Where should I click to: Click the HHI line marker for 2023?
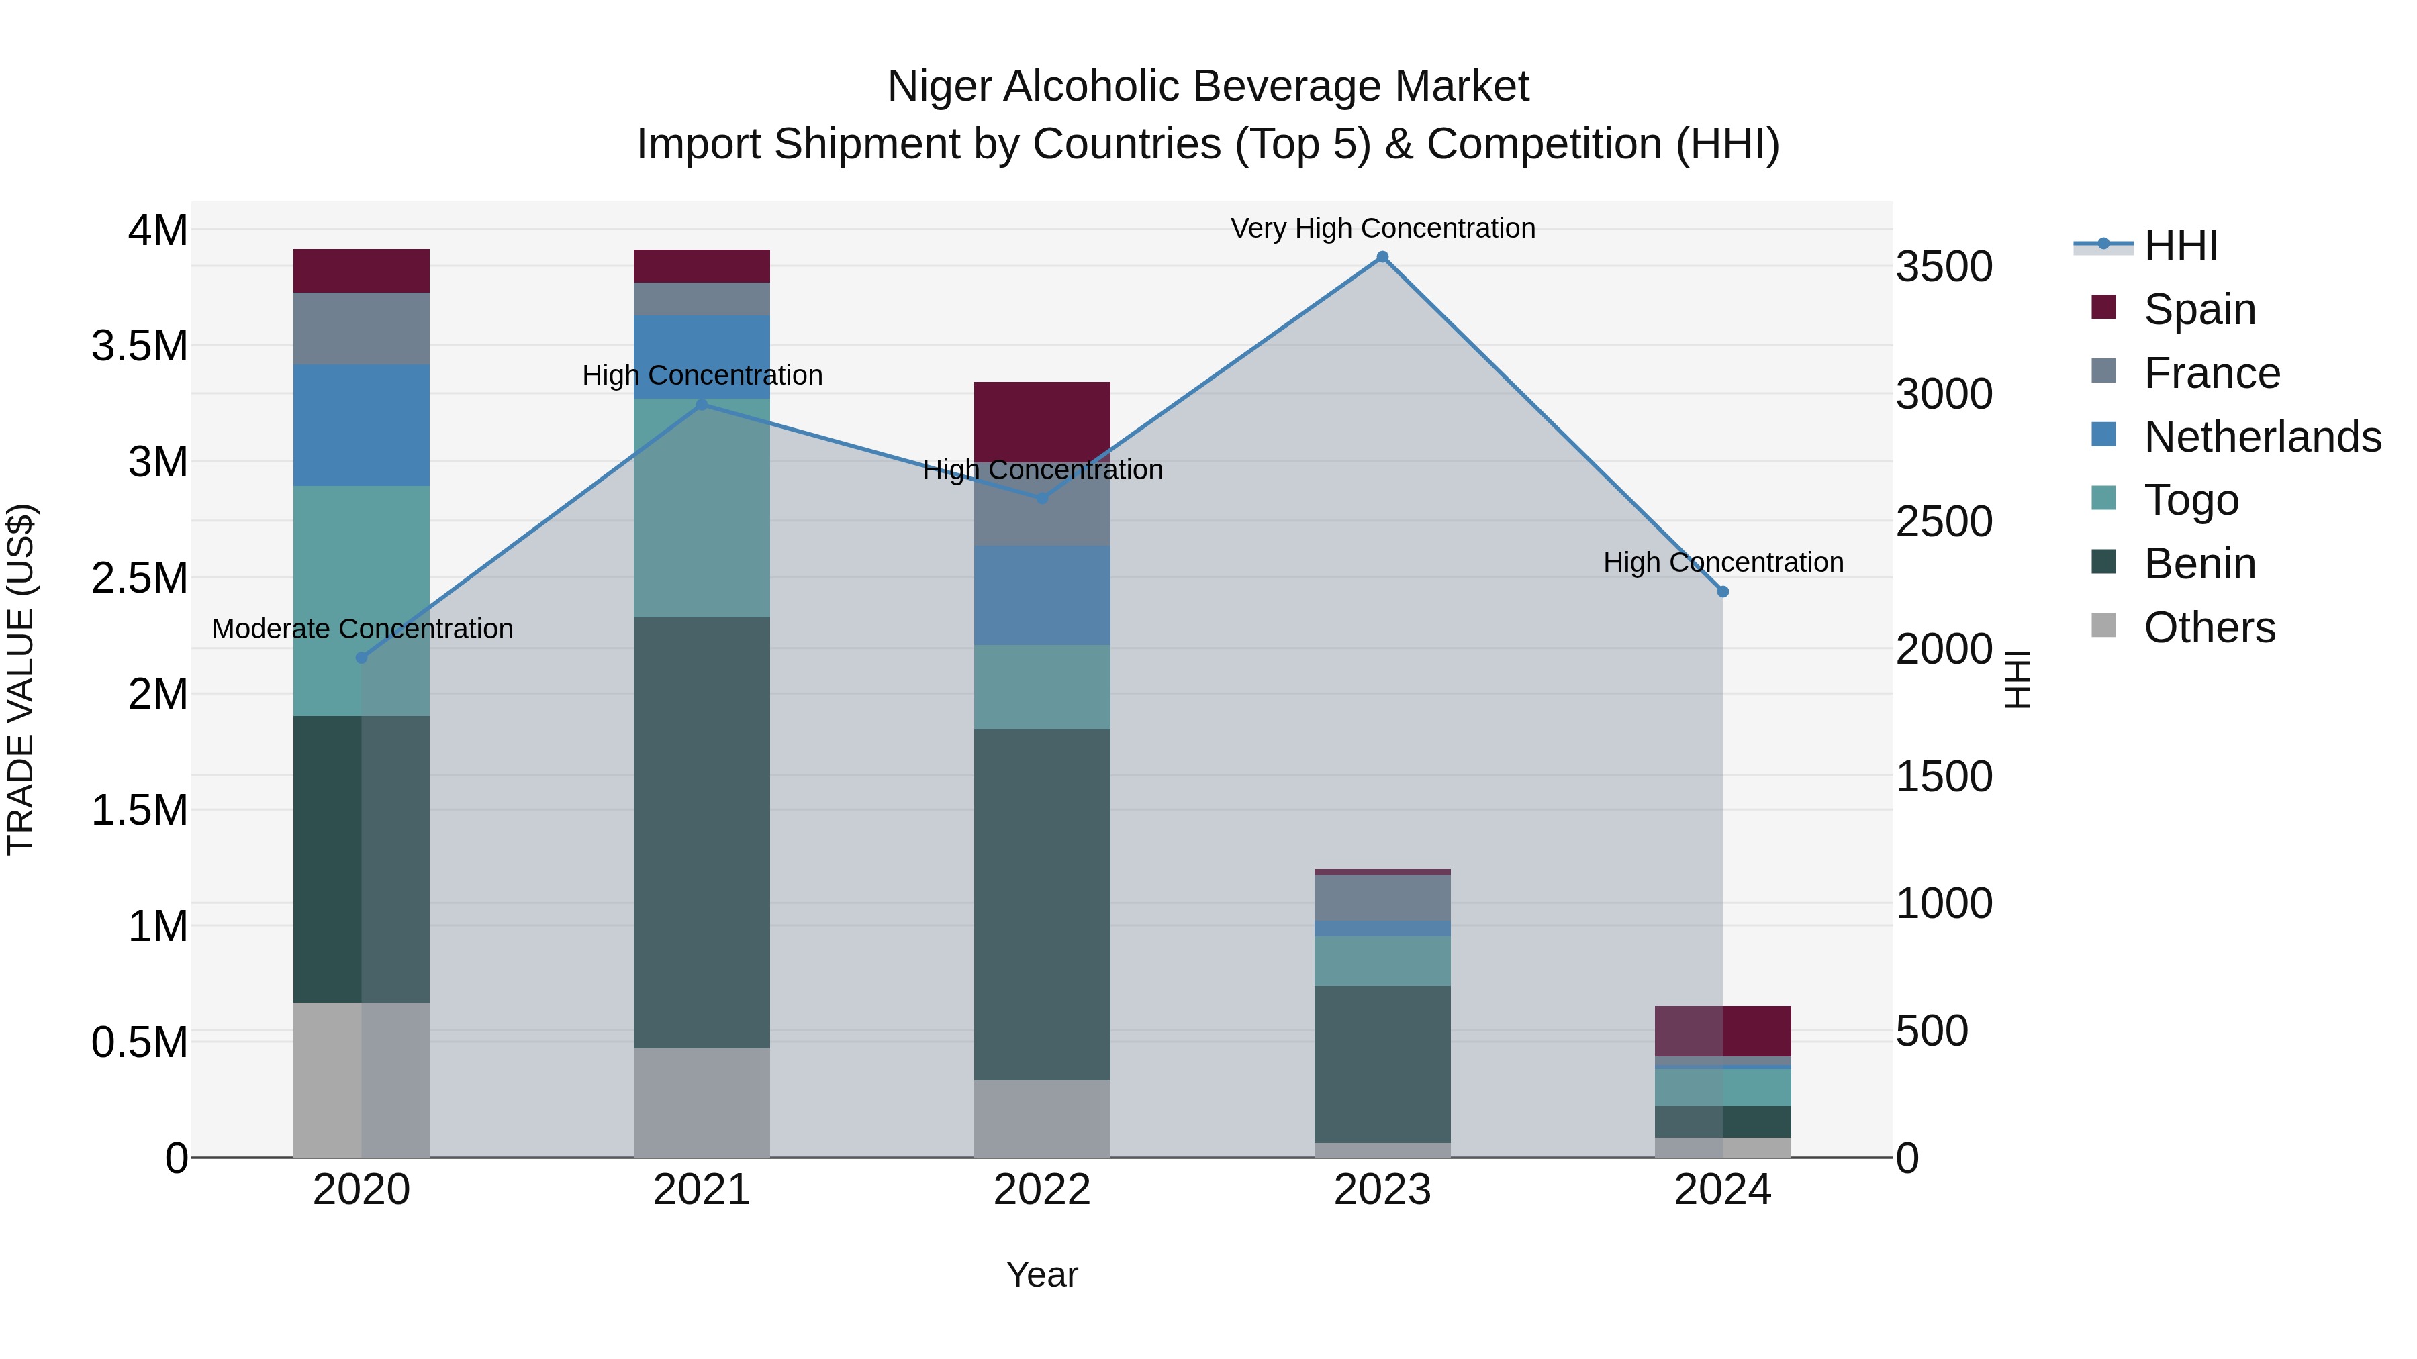[x=1382, y=257]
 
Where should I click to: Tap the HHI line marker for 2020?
[x=361, y=658]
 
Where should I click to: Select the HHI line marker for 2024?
[x=1723, y=592]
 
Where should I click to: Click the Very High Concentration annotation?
[x=1382, y=228]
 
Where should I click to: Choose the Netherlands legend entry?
[x=2261, y=436]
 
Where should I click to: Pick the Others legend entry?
[x=2209, y=627]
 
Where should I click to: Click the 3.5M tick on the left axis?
[x=140, y=346]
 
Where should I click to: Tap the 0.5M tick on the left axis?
[x=140, y=1042]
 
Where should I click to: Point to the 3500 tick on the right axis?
[x=1944, y=266]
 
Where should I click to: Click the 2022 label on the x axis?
[x=1041, y=1190]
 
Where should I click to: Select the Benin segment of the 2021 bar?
[x=702, y=832]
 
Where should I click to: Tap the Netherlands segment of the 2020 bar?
[x=361, y=425]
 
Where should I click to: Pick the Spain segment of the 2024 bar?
[x=1723, y=1031]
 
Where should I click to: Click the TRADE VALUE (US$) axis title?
[x=21, y=679]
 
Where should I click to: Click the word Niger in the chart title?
[x=939, y=87]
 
